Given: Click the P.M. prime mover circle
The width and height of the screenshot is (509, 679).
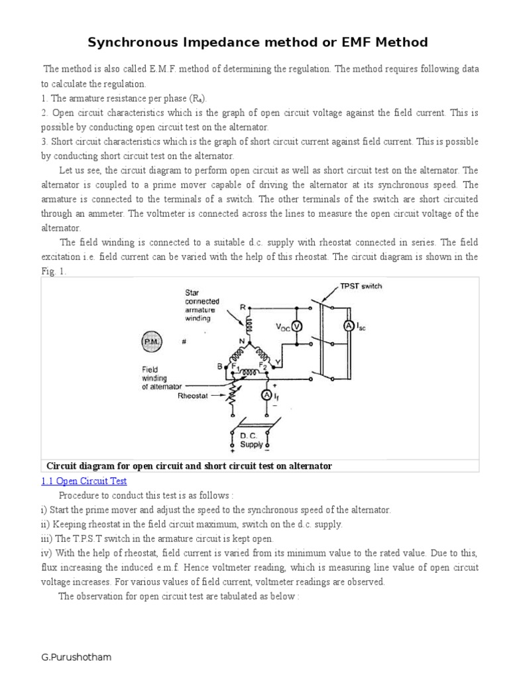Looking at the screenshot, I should tap(150, 342).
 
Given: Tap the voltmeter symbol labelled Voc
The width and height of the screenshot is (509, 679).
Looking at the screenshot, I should tap(297, 326).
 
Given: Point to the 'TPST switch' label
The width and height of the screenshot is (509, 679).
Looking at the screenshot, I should tap(361, 286).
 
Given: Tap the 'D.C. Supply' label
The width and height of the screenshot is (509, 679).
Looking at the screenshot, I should tap(251, 440).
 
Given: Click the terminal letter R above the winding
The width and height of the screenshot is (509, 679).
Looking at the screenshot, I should tap(244, 307).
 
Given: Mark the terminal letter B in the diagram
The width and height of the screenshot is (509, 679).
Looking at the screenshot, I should tap(219, 365).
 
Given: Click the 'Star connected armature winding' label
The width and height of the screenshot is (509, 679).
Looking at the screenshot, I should tap(201, 305).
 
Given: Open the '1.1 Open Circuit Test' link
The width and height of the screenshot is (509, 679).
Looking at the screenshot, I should tap(84, 481).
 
